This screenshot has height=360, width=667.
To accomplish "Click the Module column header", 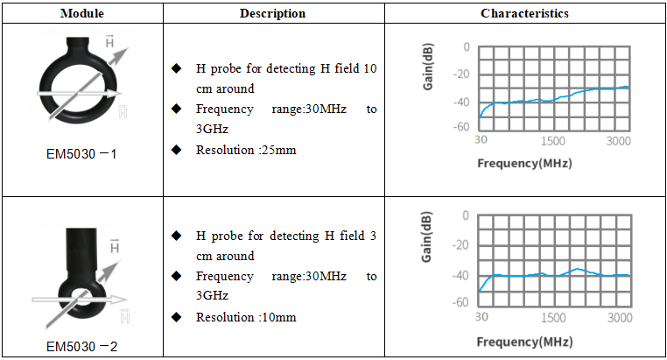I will click(82, 13).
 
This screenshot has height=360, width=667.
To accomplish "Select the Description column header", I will click(272, 13).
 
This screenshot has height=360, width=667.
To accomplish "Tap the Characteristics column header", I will click(524, 13).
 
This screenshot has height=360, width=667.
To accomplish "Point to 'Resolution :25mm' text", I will click(246, 149).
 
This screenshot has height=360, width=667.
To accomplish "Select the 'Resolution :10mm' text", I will click(246, 317).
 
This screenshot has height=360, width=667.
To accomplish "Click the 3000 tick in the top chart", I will click(618, 141).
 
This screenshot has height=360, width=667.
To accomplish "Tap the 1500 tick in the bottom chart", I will click(553, 317).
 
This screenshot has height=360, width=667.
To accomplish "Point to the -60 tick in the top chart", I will click(462, 127).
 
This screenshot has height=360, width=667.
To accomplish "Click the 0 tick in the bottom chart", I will click(467, 215).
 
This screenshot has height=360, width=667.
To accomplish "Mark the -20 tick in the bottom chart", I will click(462, 244).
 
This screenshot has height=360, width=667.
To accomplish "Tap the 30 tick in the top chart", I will click(481, 141).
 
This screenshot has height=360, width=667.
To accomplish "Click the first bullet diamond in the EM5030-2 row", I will click(177, 236).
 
